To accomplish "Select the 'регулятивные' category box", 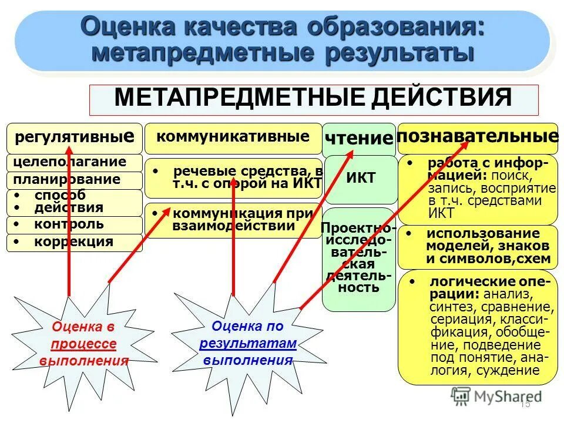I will tap(74, 139).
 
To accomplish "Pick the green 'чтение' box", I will tap(358, 139).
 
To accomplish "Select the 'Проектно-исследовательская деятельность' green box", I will tap(358, 258).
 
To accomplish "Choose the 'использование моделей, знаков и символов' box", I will tap(478, 247).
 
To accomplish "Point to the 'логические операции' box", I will tap(478, 326).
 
